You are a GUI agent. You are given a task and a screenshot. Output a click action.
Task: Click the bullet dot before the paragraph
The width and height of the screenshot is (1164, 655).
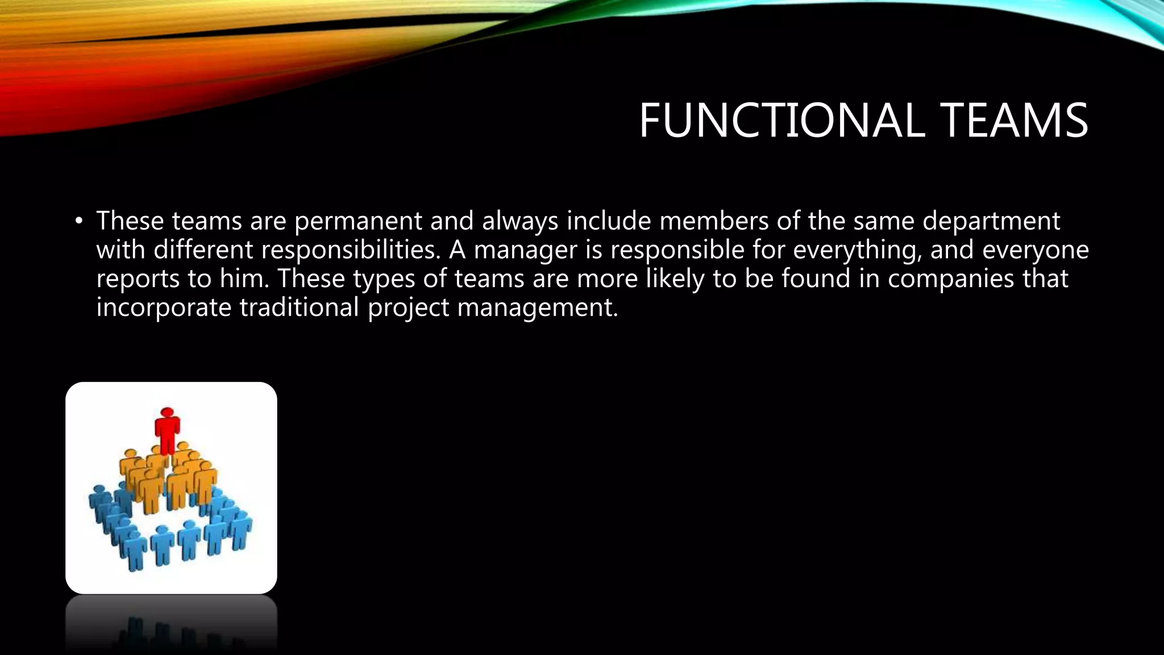click(79, 221)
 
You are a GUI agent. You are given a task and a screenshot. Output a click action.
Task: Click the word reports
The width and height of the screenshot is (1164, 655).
click(138, 279)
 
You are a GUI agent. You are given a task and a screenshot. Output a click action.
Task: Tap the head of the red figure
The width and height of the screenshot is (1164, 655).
click(167, 412)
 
